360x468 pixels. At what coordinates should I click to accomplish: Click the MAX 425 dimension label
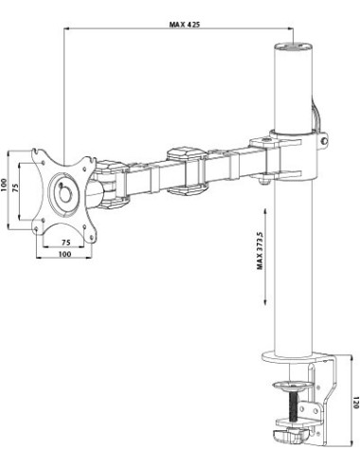pos(185,24)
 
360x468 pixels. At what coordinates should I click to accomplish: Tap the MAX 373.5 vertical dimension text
pos(260,250)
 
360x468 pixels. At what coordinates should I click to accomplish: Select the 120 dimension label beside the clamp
pos(356,403)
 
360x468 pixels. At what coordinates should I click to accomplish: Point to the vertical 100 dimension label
pos(4,185)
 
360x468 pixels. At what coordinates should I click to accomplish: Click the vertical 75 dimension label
pos(15,188)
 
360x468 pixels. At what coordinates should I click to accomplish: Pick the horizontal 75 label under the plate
pos(65,243)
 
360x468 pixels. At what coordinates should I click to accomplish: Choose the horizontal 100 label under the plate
pos(64,254)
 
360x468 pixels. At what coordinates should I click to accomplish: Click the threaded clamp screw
pos(294,405)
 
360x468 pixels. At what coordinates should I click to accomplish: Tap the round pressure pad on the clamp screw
pos(294,386)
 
